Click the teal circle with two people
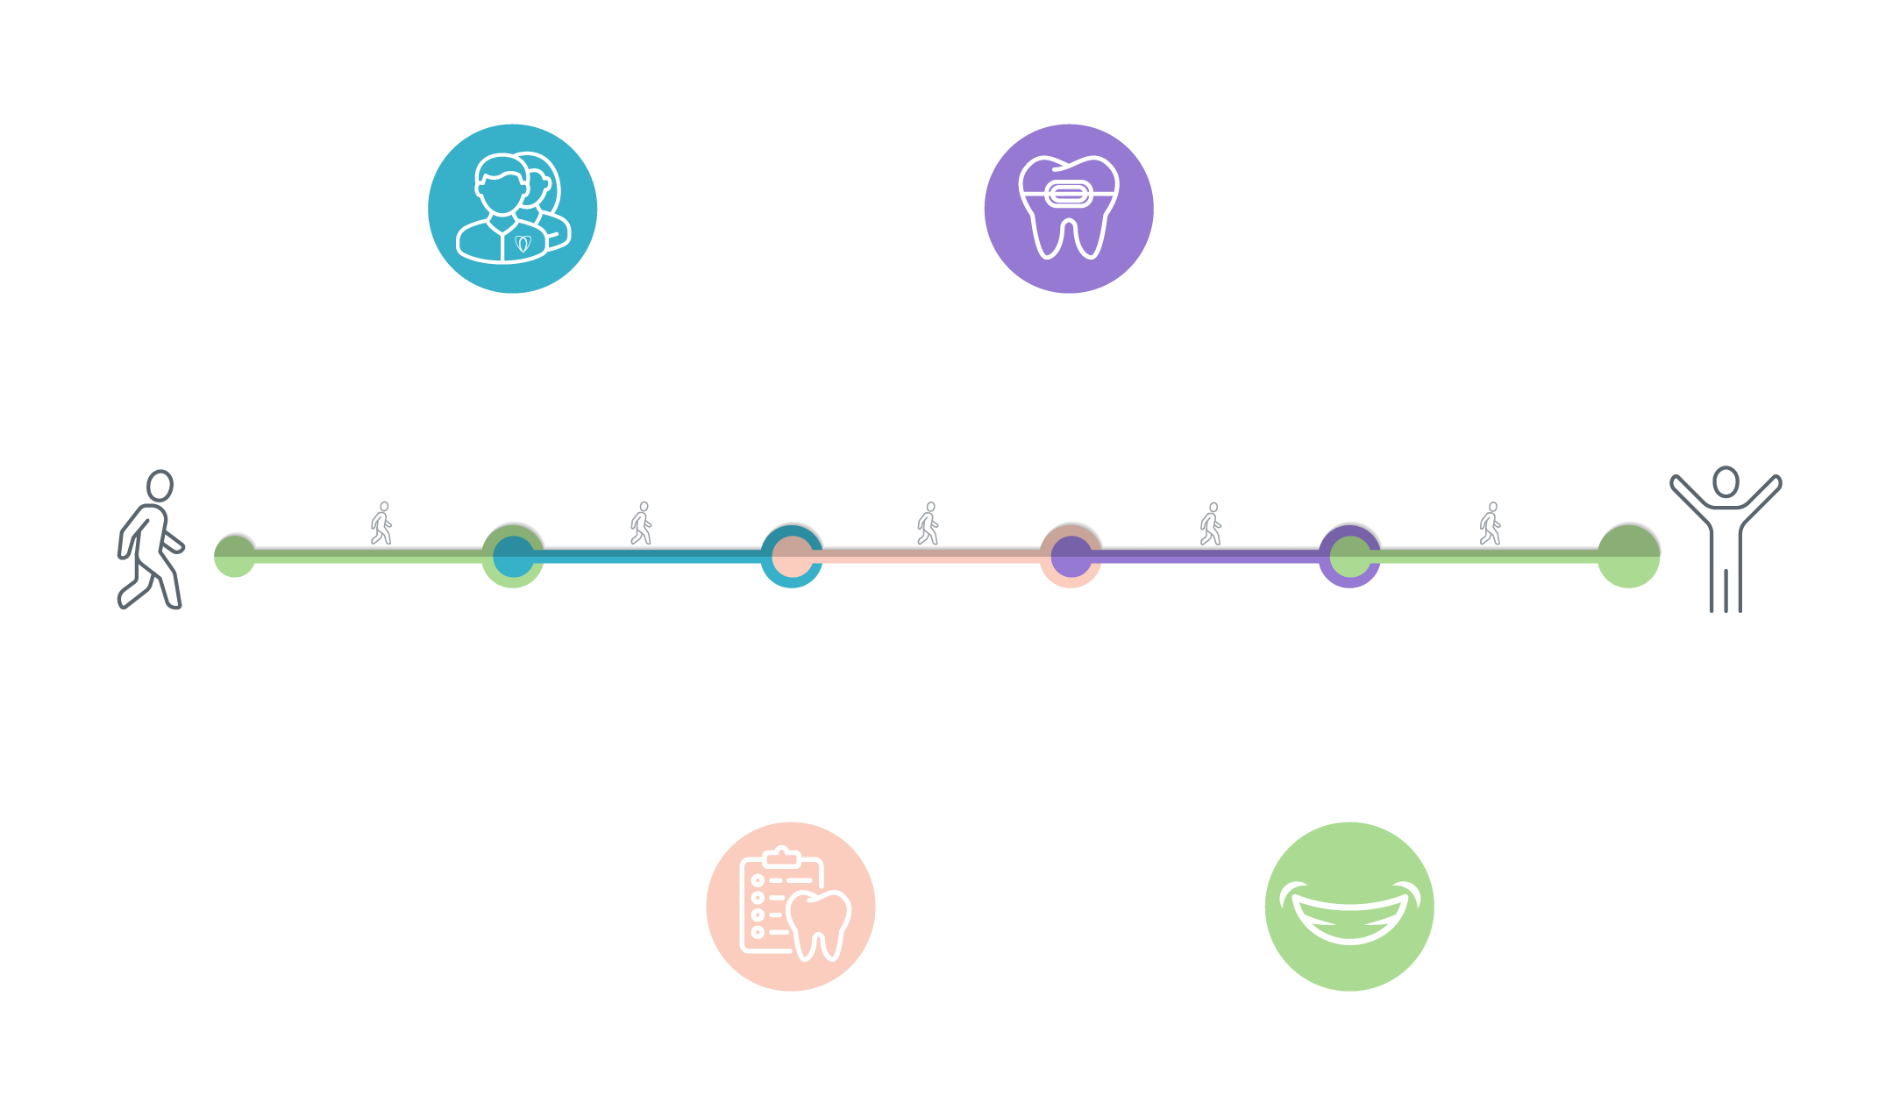pos(512,209)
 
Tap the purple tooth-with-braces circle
pos(1068,209)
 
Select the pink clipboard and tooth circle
pos(790,906)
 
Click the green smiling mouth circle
pos(1349,906)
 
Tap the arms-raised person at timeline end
pos(1725,540)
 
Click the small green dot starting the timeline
pos(235,556)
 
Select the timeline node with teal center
pos(513,556)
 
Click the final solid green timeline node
pos(1628,556)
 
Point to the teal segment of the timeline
pos(653,557)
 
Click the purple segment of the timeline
pos(1210,557)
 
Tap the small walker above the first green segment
pos(381,523)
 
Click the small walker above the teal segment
pos(642,523)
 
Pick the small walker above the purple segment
pos(1211,524)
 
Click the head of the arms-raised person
pos(1726,481)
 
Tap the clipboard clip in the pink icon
pos(780,857)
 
